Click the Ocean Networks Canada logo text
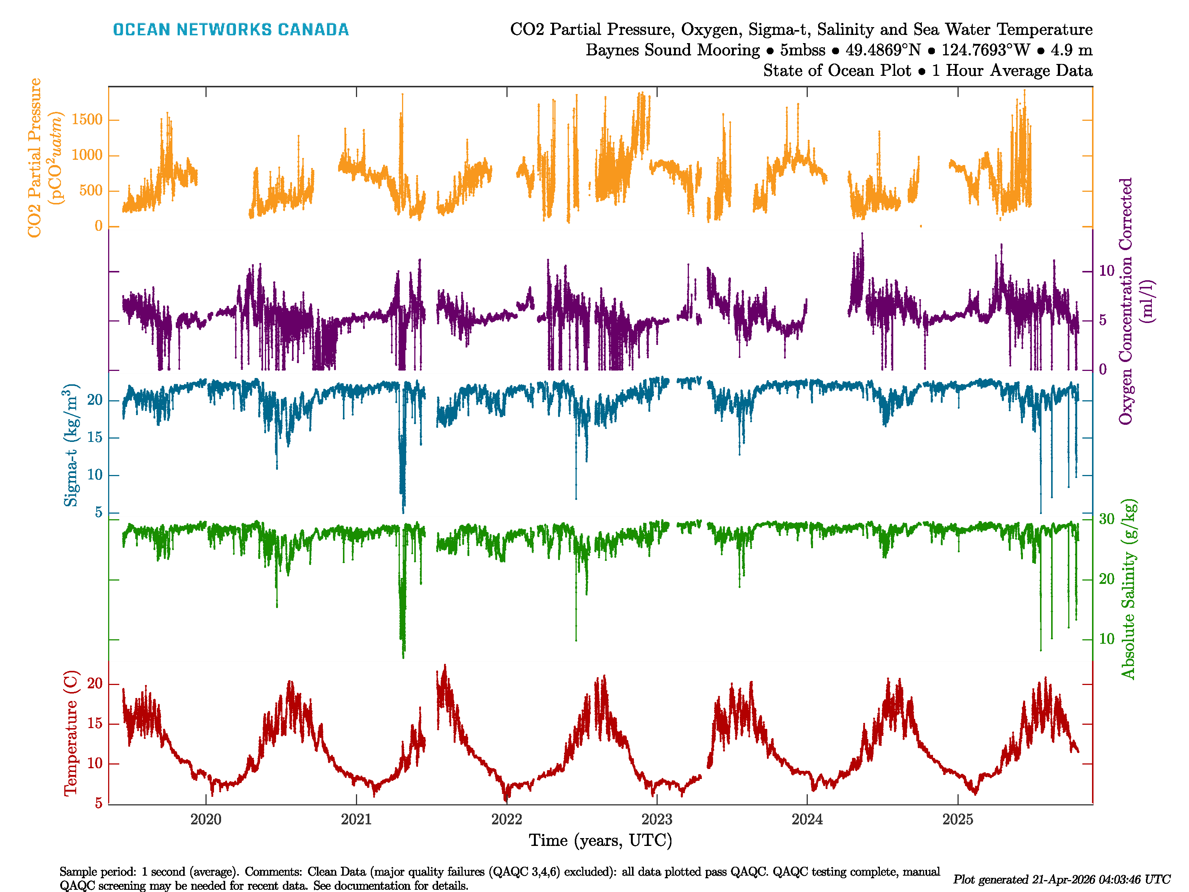(231, 30)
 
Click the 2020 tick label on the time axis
(206, 820)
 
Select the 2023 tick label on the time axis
(657, 820)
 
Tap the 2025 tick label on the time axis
(957, 820)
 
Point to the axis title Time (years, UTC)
(600, 840)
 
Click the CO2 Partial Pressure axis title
(35, 158)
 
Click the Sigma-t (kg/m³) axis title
(71, 445)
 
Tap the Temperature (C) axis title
(71, 733)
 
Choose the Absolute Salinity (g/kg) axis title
(1128, 589)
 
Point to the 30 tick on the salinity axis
(1106, 519)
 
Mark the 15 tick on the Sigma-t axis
(95, 438)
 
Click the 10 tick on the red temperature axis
(95, 763)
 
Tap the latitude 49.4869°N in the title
(882, 50)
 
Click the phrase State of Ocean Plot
(837, 71)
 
